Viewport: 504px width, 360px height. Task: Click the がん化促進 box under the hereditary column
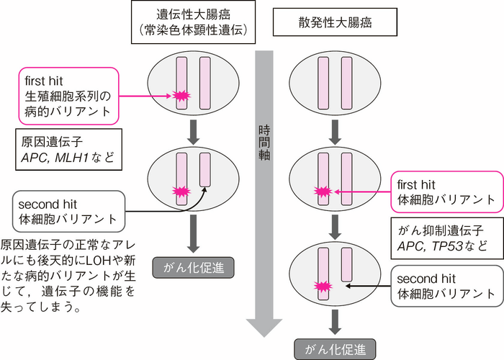190,268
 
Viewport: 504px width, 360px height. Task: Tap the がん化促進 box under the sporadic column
333,349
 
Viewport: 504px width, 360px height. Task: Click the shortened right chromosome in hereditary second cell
204,175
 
